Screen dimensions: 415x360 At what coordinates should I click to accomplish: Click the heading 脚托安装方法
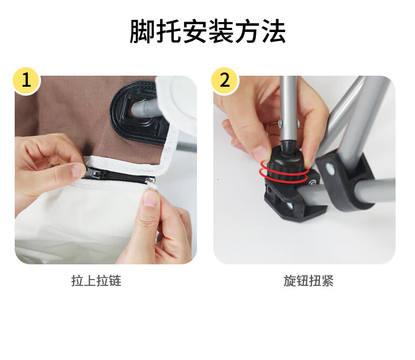click(208, 31)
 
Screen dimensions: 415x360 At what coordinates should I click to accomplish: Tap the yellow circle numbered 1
click(26, 80)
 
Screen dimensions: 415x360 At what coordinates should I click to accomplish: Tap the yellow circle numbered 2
click(225, 80)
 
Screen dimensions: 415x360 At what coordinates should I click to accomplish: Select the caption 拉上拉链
click(96, 281)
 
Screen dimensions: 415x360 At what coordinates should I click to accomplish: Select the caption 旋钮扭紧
click(308, 281)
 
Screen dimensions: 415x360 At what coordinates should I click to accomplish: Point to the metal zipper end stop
click(151, 181)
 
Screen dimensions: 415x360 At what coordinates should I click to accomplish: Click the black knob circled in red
click(286, 164)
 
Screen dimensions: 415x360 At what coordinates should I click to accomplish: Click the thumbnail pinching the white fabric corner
click(151, 199)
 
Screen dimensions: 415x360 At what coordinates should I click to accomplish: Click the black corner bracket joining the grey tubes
click(344, 180)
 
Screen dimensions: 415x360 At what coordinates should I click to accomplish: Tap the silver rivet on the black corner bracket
click(330, 169)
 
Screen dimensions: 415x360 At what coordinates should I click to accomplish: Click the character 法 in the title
click(274, 31)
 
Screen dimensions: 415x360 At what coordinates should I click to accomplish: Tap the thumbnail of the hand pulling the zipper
click(79, 170)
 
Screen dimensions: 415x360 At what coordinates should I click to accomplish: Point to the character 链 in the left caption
click(115, 281)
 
